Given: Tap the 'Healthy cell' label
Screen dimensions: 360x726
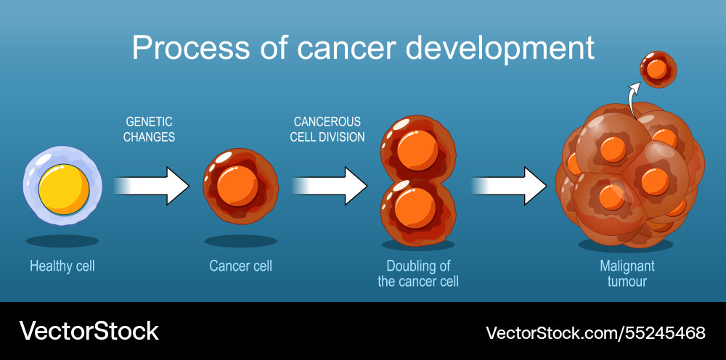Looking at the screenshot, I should (62, 266).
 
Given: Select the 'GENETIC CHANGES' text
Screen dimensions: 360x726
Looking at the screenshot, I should (149, 129).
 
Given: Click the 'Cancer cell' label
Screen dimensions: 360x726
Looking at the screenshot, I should (240, 266).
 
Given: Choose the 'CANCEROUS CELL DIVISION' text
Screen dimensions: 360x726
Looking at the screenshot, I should (327, 129).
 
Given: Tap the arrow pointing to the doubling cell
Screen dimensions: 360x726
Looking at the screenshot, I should (330, 186).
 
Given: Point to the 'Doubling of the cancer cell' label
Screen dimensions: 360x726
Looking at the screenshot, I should (418, 274).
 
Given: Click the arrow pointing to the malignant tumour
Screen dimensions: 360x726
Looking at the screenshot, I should (508, 186).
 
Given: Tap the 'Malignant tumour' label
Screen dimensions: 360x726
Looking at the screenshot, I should (627, 274).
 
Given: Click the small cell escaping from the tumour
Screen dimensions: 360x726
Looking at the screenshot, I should (658, 70).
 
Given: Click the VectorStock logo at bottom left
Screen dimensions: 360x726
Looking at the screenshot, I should (89, 331).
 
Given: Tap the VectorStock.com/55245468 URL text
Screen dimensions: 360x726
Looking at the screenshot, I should (595, 333).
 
